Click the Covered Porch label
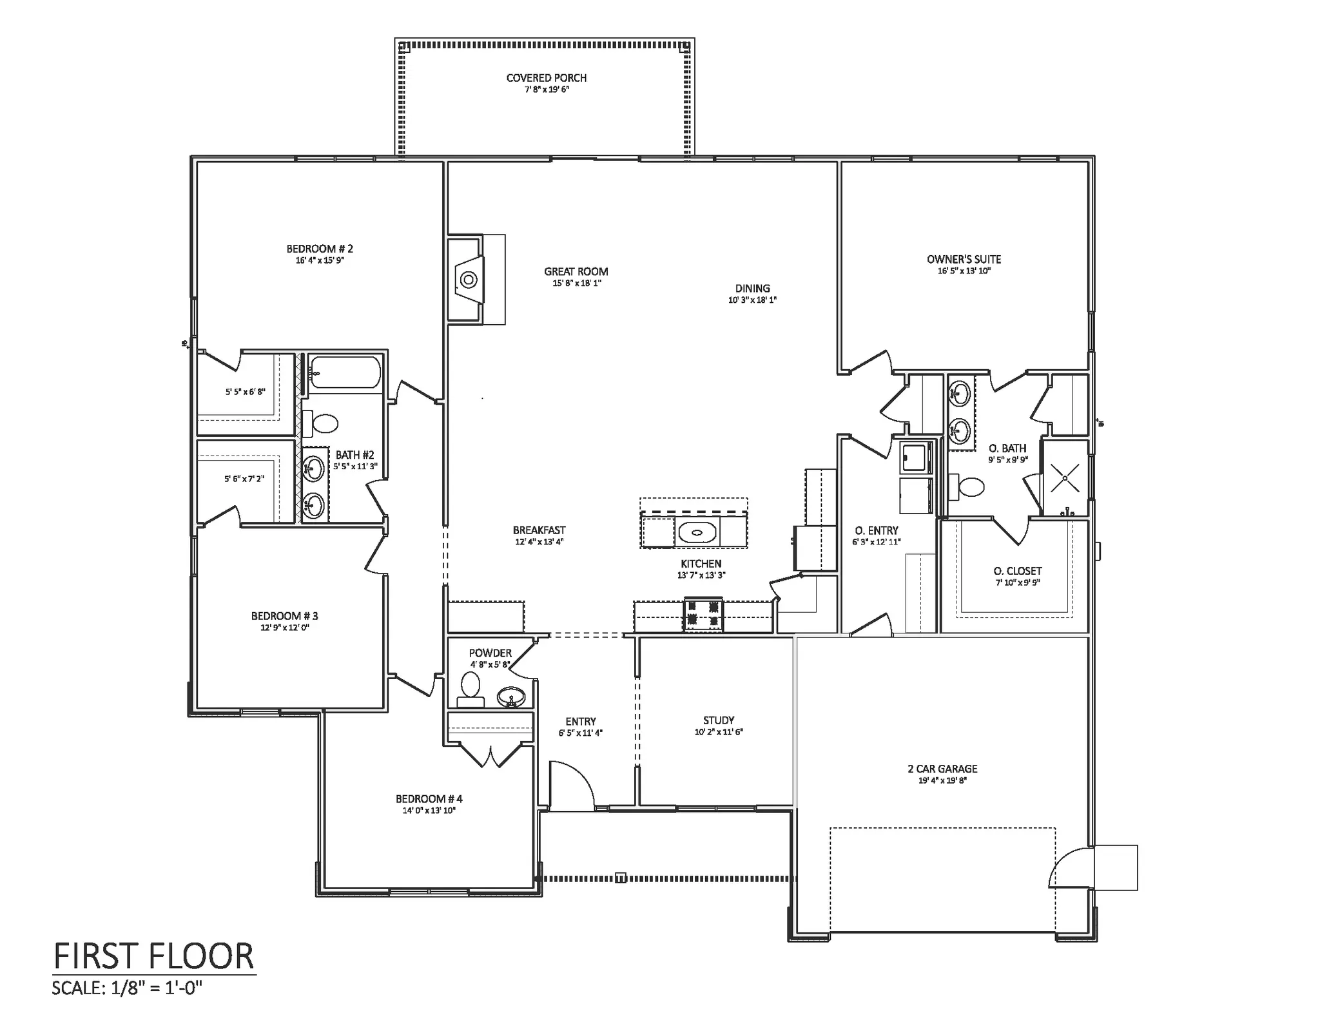547,78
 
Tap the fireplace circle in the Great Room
469,280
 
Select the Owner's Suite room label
964,259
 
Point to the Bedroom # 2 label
320,249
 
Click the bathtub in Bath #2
345,372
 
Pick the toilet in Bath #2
320,423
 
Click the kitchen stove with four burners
703,614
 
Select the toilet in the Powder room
471,690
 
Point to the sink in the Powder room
511,697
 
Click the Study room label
719,720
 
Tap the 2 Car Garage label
942,769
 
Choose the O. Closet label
1018,571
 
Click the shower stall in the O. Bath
1065,478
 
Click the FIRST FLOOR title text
154,956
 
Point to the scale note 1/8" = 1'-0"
154,987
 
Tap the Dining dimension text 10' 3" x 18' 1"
752,300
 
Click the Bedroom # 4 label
429,799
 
